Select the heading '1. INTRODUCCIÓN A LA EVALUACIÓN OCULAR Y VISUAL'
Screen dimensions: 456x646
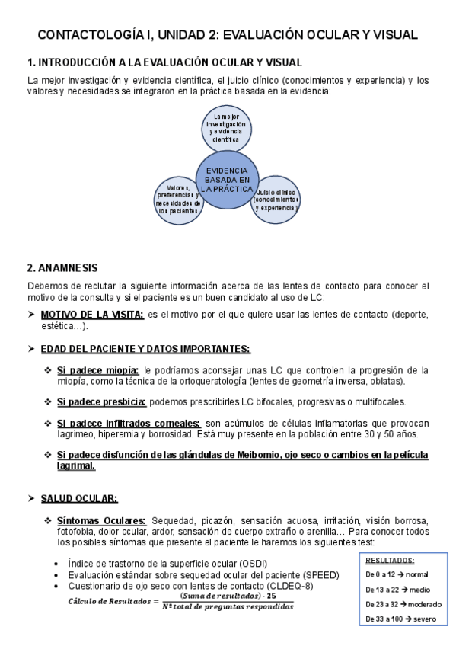click(x=164, y=62)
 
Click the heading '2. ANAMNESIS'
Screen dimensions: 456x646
click(x=62, y=268)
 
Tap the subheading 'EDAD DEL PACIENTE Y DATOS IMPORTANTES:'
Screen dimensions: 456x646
click(x=145, y=349)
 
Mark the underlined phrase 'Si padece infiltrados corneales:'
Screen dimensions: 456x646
click(x=129, y=423)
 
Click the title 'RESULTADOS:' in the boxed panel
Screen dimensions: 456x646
click(x=391, y=559)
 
